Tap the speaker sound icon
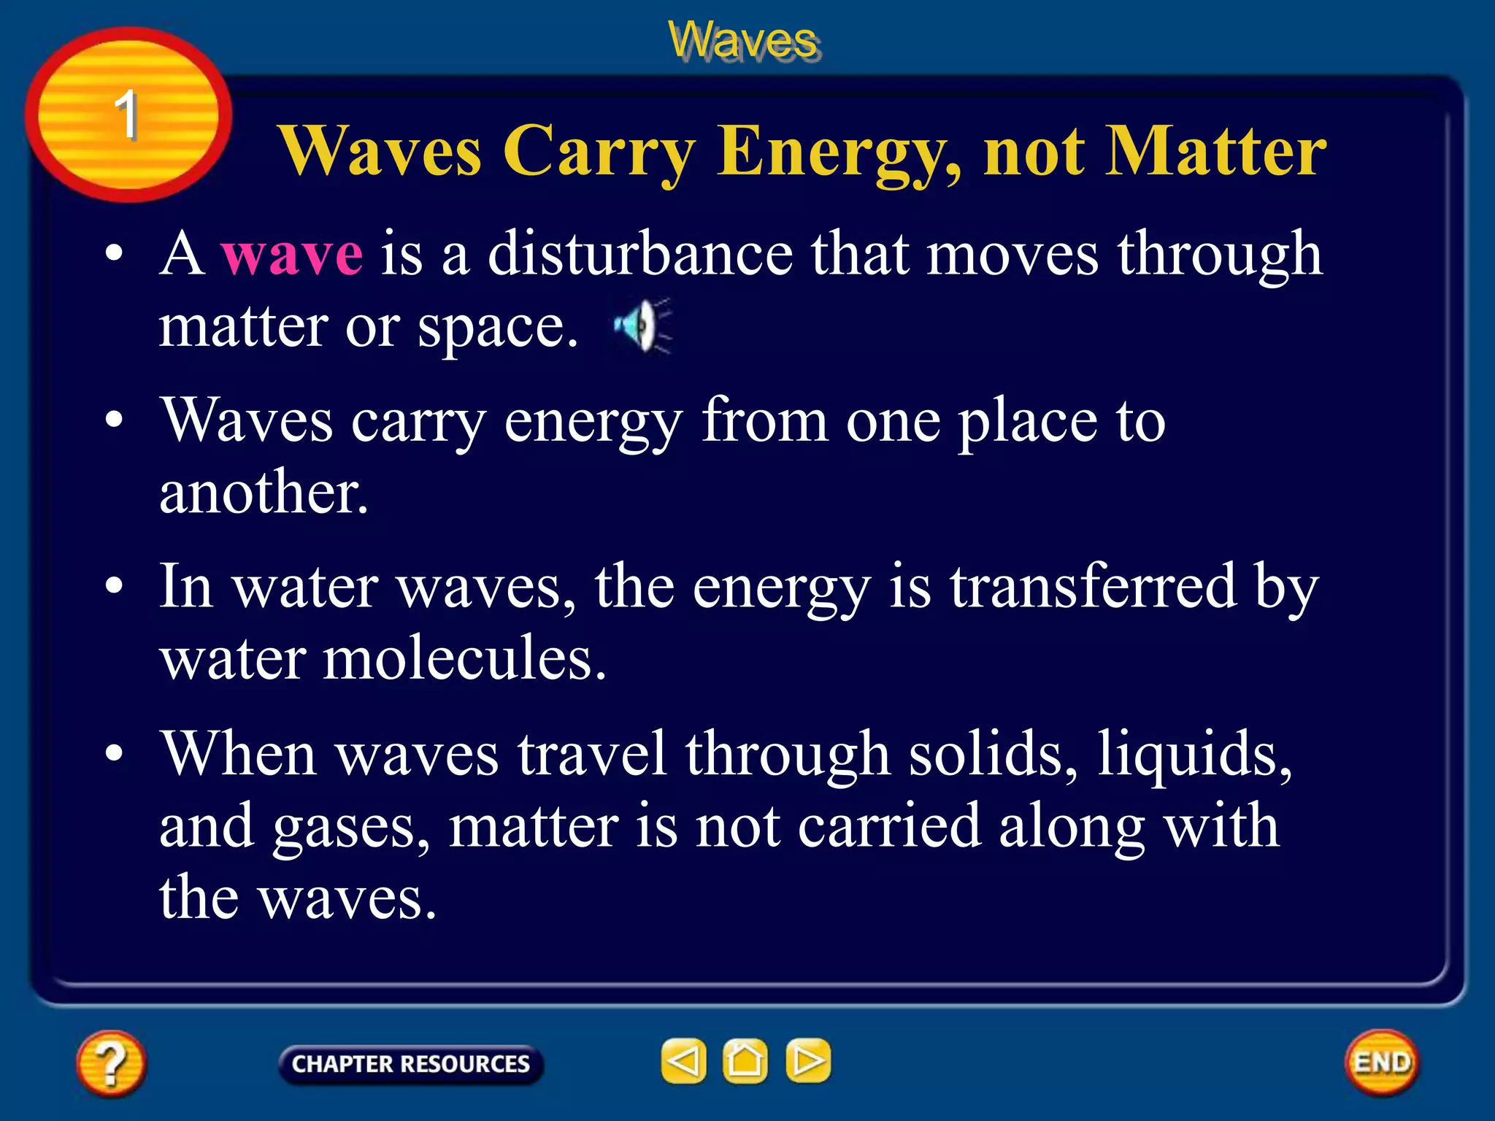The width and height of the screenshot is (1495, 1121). [x=642, y=325]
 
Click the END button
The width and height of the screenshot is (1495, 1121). [x=1382, y=1062]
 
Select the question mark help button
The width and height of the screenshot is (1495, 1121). [x=111, y=1063]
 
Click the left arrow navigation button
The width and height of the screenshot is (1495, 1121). [x=683, y=1060]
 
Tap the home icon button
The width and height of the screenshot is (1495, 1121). [x=745, y=1060]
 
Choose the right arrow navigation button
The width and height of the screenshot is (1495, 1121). [x=807, y=1060]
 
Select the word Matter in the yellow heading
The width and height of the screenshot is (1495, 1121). [x=1215, y=151]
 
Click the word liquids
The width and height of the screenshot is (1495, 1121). [x=1194, y=753]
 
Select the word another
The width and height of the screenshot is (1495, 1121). [x=264, y=492]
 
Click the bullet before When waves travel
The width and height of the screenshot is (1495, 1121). [x=114, y=753]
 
